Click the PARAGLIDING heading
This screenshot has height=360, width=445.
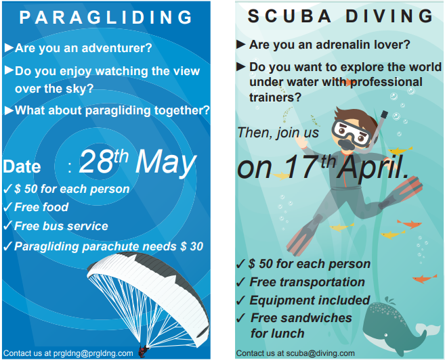pyautogui.click(x=106, y=18)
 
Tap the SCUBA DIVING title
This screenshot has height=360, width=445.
pyautogui.click(x=340, y=16)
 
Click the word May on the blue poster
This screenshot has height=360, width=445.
pyautogui.click(x=166, y=164)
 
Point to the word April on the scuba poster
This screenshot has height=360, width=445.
pyautogui.click(x=373, y=168)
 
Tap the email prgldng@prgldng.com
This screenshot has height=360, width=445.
pyautogui.click(x=93, y=353)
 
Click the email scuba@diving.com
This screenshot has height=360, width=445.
pyautogui.click(x=320, y=353)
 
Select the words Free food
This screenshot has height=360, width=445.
pyautogui.click(x=41, y=207)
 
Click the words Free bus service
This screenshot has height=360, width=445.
pyautogui.click(x=61, y=226)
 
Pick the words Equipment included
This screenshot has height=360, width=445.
pyautogui.click(x=310, y=300)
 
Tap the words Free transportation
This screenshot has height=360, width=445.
pyautogui.click(x=307, y=282)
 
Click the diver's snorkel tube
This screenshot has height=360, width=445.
pyautogui.click(x=377, y=131)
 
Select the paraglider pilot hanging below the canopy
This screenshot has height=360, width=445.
pyautogui.click(x=143, y=351)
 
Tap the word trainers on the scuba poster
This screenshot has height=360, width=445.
pyautogui.click(x=275, y=97)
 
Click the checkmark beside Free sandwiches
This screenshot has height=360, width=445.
pyautogui.click(x=240, y=318)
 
